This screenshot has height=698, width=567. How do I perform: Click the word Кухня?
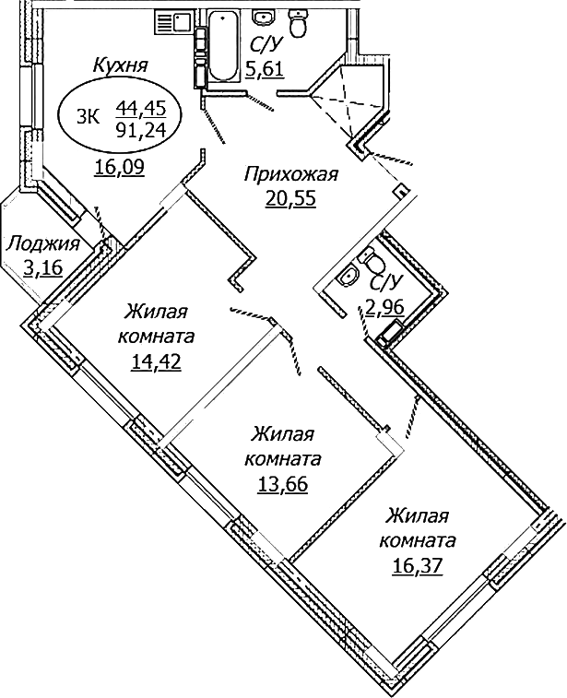point(122,65)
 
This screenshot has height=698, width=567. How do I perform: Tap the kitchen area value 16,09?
point(116,167)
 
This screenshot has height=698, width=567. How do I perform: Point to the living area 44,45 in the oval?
point(135,108)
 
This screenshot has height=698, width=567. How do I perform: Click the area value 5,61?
point(265,69)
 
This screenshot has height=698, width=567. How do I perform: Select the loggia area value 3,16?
point(43,268)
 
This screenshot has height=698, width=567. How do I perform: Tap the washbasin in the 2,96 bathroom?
point(349,276)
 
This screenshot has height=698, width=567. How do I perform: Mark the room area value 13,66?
point(283,485)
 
